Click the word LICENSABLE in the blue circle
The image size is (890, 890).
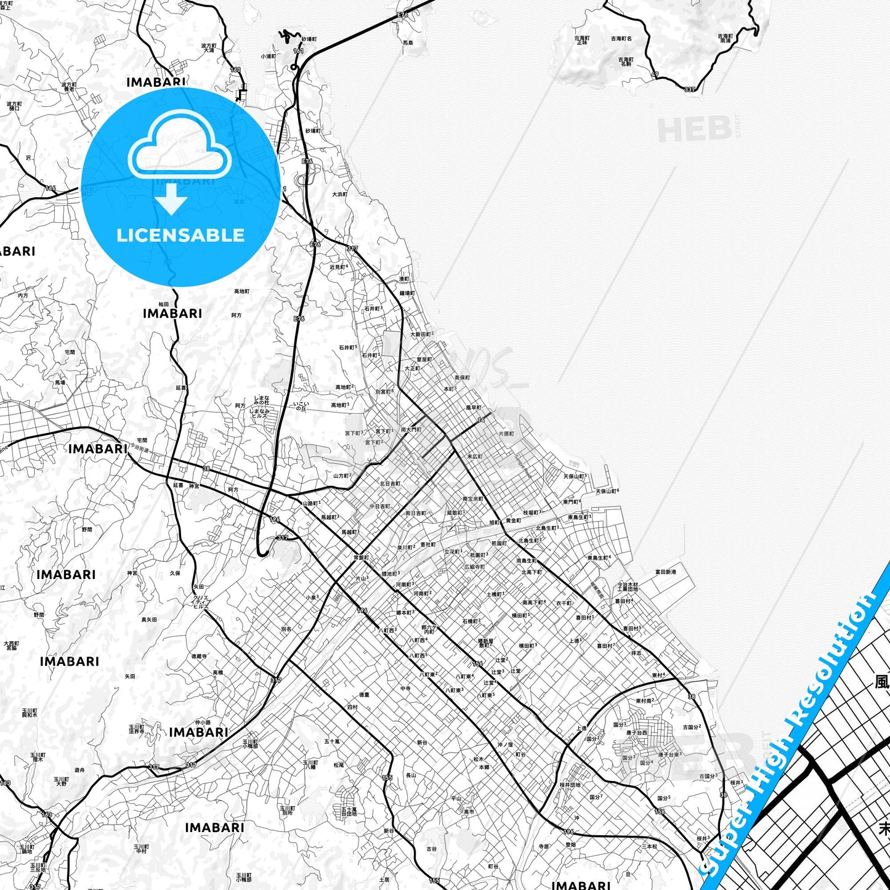(180, 235)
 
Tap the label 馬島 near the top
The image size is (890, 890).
(408, 43)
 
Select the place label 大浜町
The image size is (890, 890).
(340, 195)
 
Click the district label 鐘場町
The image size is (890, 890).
(407, 293)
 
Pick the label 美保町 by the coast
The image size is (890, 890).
(462, 378)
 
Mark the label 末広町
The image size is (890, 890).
(474, 456)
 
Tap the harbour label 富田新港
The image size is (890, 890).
(665, 572)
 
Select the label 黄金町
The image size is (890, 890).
(513, 520)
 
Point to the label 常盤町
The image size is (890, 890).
(361, 557)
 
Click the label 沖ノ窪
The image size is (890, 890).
(505, 745)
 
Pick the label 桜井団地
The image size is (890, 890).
(570, 785)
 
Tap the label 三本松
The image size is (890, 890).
(649, 846)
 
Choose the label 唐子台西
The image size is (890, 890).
(637, 733)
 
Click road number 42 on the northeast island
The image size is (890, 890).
(655, 74)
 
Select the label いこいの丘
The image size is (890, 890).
(301, 406)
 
